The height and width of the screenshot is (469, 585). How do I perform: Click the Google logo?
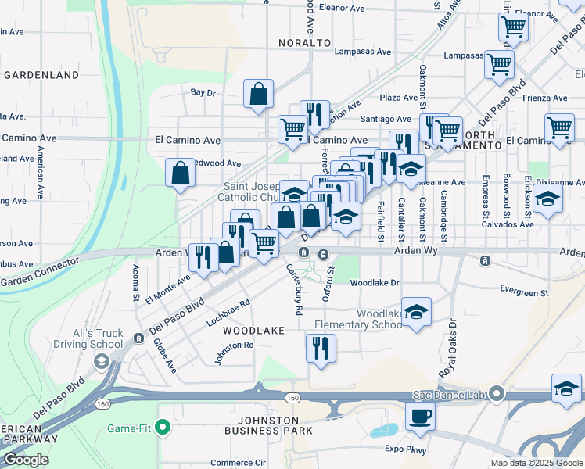coord(27,460)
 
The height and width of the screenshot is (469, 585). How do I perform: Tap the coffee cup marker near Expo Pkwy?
coord(421,417)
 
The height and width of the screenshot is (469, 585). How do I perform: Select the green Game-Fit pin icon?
coord(162,427)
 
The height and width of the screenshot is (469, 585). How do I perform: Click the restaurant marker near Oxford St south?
coord(321,347)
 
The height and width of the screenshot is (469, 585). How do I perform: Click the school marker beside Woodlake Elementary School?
coord(417,312)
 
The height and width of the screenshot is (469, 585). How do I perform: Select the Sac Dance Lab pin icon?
coord(495,393)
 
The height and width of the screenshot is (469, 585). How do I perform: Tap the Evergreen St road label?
coord(525,292)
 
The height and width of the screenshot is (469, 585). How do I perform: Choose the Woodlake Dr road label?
coord(375,282)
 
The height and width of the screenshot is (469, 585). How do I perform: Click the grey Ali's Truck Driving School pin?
coord(101,360)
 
